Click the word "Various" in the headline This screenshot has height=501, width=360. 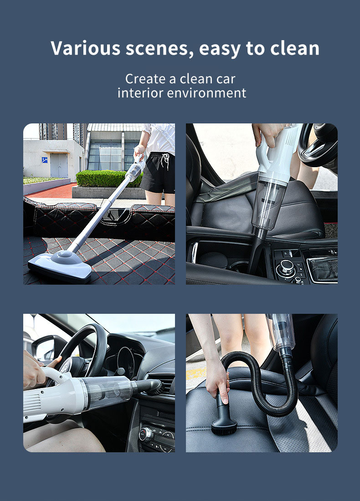point(85,48)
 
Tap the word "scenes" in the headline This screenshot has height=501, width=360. point(159,49)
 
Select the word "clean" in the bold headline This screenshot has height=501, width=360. point(294,48)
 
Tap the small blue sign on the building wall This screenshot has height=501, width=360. point(45,160)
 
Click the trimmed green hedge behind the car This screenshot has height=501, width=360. point(109,179)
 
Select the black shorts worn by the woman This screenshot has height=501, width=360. point(158,173)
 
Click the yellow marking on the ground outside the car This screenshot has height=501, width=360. point(196,373)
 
